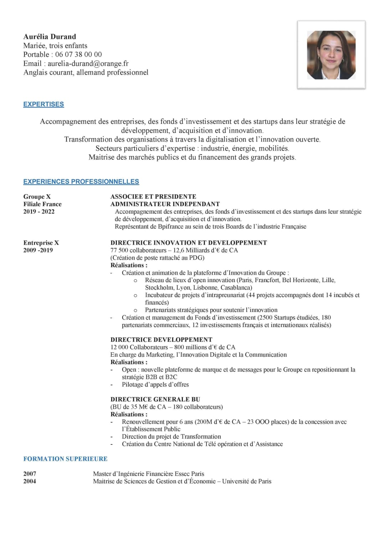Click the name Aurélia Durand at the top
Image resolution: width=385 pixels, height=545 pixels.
(x=50, y=36)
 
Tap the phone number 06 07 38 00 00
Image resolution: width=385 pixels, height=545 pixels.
(x=78, y=54)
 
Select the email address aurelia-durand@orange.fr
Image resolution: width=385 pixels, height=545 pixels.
(x=88, y=63)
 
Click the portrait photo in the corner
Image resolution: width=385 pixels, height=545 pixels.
(x=331, y=55)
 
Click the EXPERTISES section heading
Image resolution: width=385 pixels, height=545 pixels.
(x=43, y=104)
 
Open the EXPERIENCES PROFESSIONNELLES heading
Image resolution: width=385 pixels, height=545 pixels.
(x=81, y=182)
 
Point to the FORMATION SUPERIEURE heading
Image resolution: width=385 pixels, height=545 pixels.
(x=65, y=459)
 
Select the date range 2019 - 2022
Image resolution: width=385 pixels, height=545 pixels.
(x=39, y=212)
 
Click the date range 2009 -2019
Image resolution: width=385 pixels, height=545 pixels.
(x=38, y=250)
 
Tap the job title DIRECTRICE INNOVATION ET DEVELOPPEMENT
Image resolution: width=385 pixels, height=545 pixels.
(x=189, y=243)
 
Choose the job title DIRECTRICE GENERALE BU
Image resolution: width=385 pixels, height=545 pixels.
(x=155, y=399)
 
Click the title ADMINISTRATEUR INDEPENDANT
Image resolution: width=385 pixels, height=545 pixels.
(x=165, y=204)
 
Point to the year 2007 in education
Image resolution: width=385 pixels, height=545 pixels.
(x=30, y=474)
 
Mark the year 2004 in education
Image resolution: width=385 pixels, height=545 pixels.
(x=30, y=481)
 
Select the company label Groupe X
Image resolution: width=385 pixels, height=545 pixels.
(x=37, y=197)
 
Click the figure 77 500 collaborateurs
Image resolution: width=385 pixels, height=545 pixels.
(x=138, y=250)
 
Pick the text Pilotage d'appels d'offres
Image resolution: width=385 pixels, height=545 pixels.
(x=155, y=384)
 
